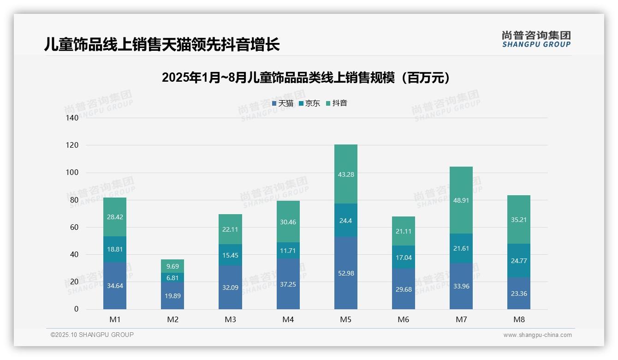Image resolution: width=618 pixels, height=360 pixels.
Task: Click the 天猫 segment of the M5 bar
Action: click(345, 273)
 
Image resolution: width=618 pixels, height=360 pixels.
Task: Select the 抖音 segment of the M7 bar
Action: click(461, 200)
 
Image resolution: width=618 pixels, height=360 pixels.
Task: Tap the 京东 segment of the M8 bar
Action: click(518, 260)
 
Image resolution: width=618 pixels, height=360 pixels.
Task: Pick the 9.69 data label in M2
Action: click(172, 266)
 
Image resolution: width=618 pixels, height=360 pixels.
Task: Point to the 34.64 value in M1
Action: click(115, 286)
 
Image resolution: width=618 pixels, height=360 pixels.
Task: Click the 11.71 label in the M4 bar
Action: click(288, 251)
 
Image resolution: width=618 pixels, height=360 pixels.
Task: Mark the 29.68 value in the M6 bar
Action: click(403, 289)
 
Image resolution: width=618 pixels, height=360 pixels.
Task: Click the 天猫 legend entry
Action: click(282, 103)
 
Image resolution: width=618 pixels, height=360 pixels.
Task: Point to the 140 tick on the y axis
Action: click(72, 118)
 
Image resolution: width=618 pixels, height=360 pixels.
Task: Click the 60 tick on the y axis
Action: click(74, 227)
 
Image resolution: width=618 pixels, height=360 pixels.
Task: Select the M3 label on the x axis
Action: click(230, 319)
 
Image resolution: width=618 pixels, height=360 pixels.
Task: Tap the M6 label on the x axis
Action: click(403, 319)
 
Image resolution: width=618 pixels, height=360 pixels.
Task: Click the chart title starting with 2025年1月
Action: click(306, 78)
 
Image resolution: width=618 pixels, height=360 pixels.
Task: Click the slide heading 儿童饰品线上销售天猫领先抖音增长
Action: click(162, 45)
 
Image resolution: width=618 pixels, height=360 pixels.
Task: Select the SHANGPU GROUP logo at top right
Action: click(536, 39)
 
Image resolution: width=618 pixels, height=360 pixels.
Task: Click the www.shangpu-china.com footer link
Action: click(537, 335)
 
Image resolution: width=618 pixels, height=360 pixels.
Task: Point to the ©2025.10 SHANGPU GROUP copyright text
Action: click(92, 335)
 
